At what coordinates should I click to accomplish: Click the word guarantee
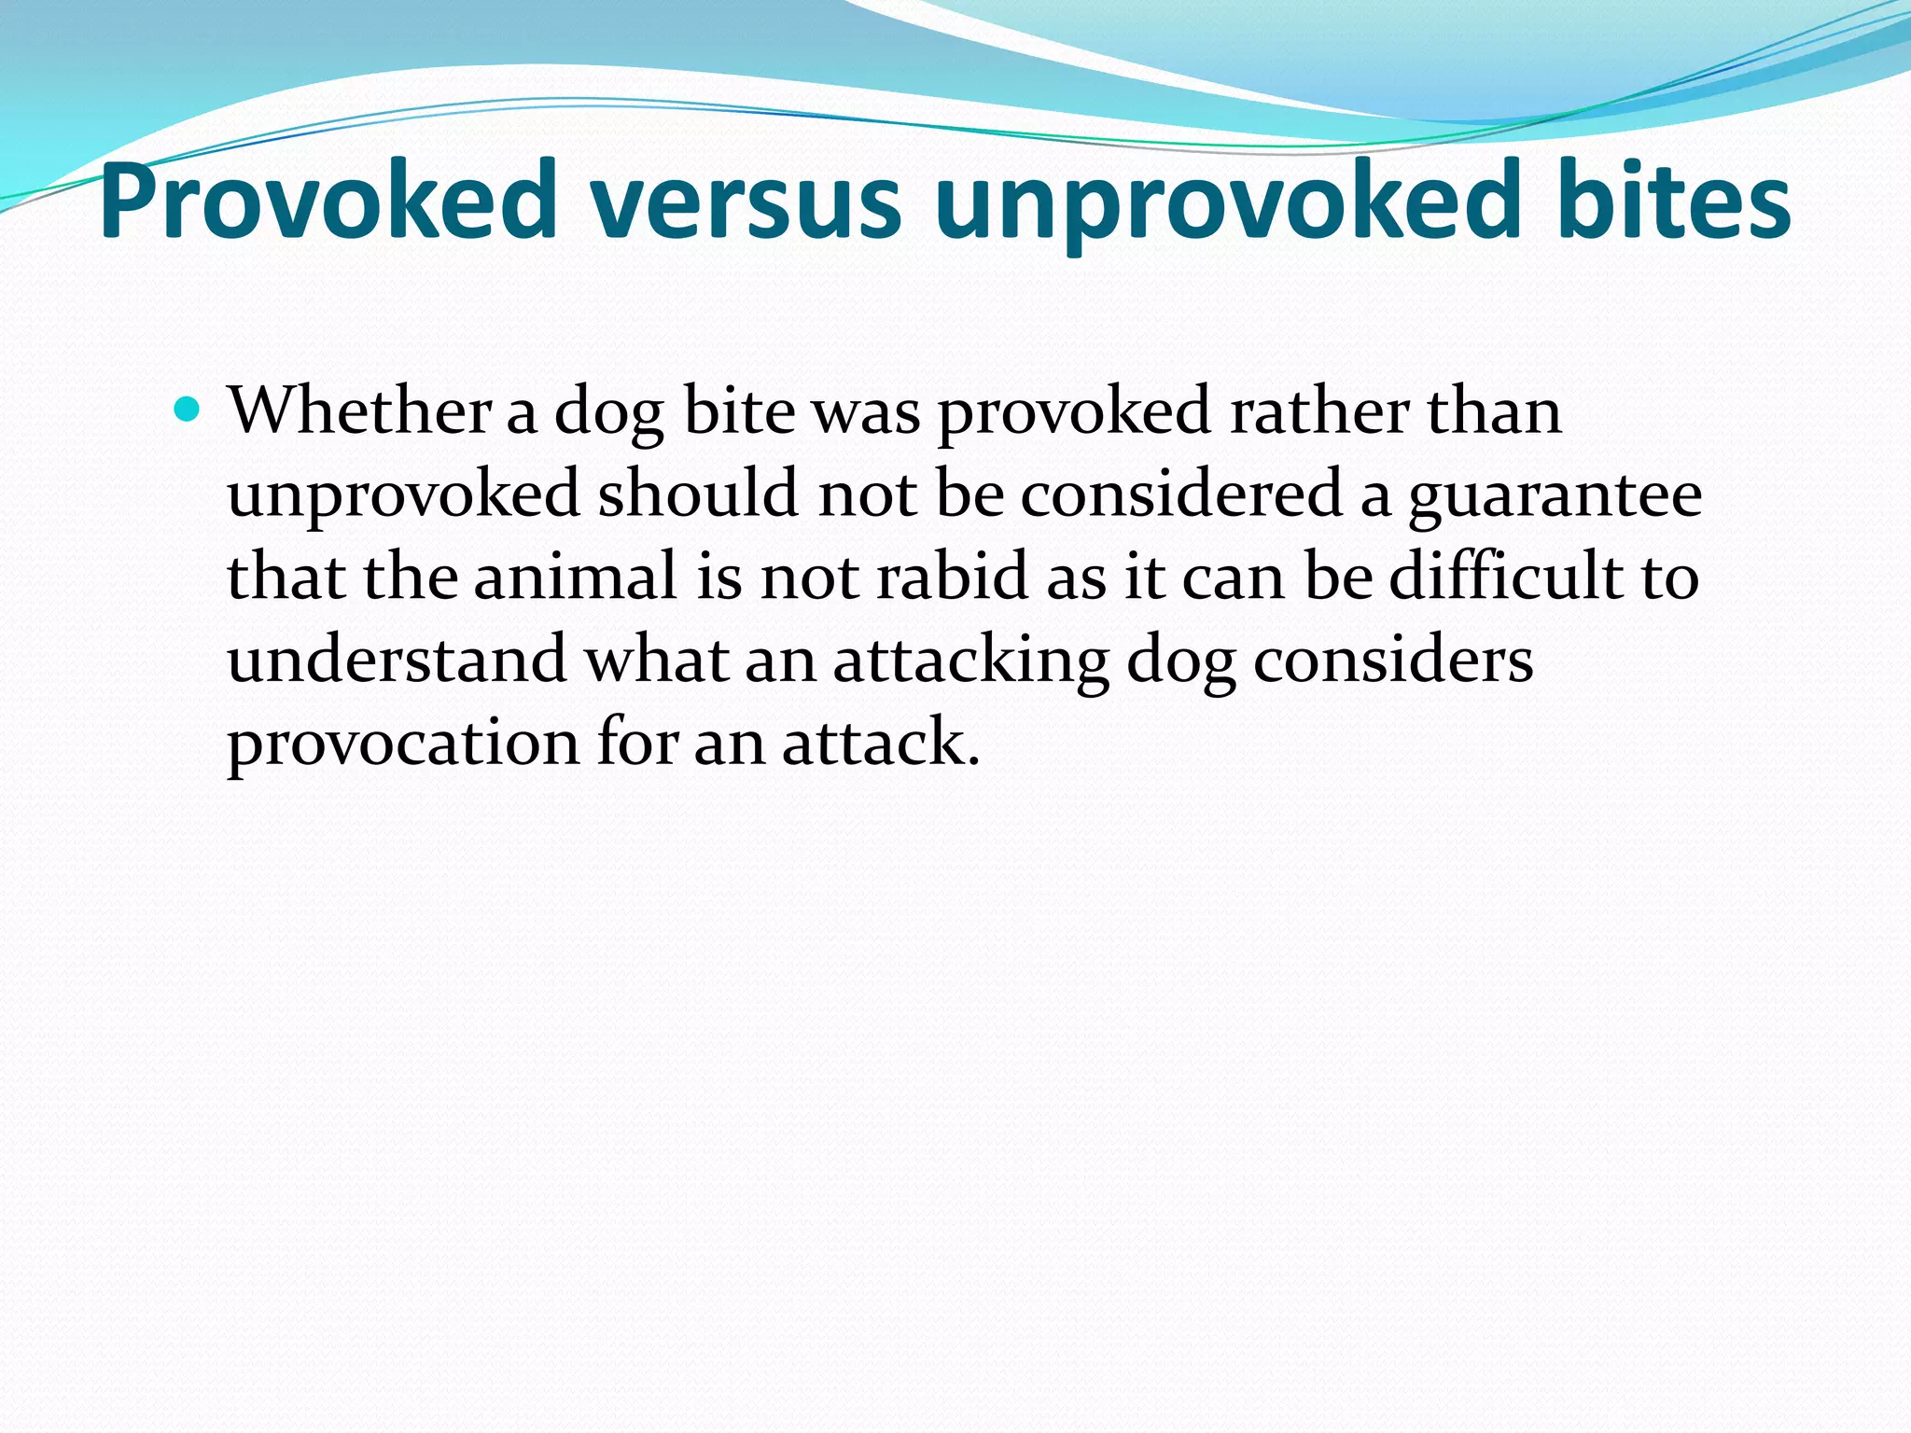pos(1555,494)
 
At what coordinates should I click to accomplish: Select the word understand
pos(398,660)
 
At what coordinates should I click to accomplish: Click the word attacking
pos(970,660)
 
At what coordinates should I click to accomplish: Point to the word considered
pos(1181,494)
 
